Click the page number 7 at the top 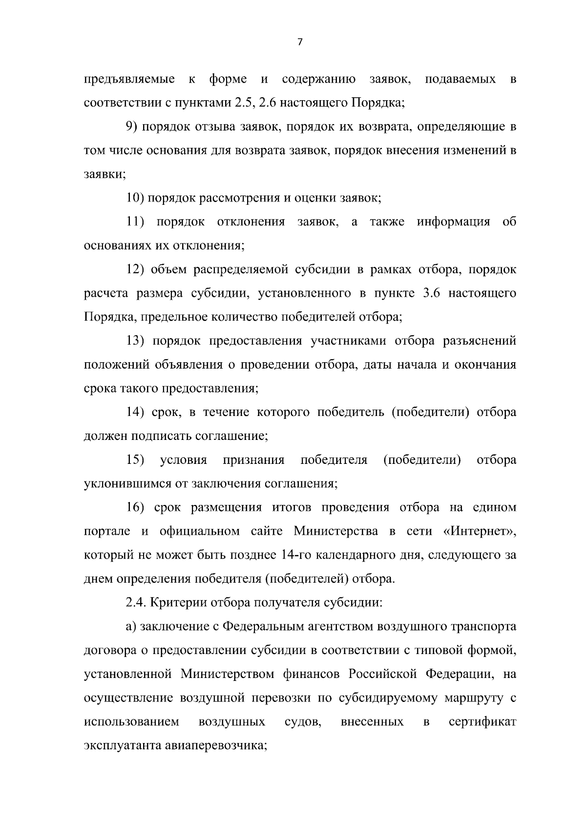click(x=300, y=43)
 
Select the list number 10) click(x=134, y=198)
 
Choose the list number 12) click(x=135, y=269)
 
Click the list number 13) click(x=135, y=341)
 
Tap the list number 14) click(x=135, y=412)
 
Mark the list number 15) click(x=135, y=460)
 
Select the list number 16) click(x=135, y=507)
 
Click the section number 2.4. click(x=135, y=602)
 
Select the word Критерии click(x=179, y=602)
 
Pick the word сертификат click(x=482, y=722)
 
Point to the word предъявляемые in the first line click(x=130, y=79)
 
